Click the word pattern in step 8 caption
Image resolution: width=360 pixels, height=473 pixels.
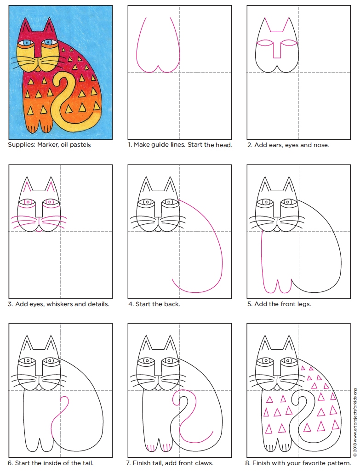click(x=339, y=463)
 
